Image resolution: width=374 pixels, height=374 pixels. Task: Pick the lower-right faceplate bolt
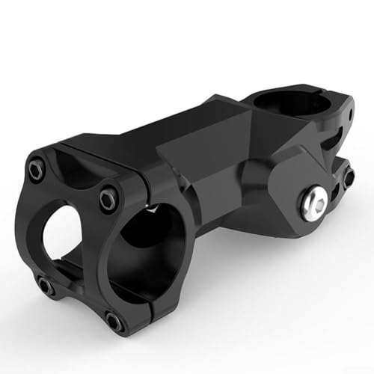click(x=113, y=321)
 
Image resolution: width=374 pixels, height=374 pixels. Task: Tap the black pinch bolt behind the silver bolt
click(x=348, y=176)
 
